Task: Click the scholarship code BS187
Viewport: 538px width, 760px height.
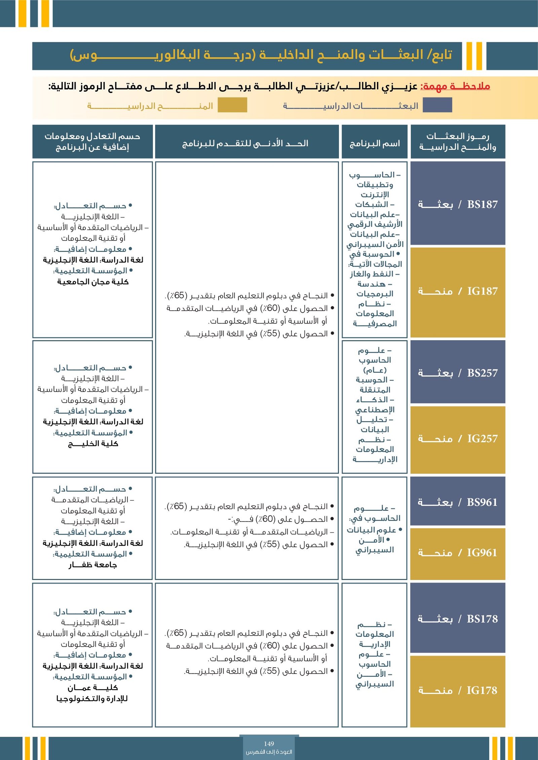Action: tap(482, 204)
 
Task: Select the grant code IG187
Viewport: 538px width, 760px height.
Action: tap(482, 291)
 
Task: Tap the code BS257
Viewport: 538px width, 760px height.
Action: tap(482, 373)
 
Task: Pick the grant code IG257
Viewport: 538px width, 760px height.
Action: tap(482, 438)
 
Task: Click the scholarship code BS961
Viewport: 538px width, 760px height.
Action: tap(482, 502)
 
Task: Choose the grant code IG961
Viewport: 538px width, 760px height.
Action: tap(482, 552)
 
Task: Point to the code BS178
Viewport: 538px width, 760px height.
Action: tap(482, 619)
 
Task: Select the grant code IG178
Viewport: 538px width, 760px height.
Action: tap(482, 690)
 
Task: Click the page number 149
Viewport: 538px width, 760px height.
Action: tap(269, 744)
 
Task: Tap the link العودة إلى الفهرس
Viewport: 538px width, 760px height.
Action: tap(269, 752)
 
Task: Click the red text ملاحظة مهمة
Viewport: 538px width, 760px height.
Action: tap(455, 86)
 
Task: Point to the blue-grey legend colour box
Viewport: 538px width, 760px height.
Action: tap(437, 105)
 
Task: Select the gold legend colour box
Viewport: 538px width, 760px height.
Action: tap(232, 105)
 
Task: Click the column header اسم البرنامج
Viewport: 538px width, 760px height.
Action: tap(375, 144)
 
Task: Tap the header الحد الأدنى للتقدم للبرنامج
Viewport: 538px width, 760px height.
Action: tap(245, 144)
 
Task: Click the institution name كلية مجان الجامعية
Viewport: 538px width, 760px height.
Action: tap(93, 281)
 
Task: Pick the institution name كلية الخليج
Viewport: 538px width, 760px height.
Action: tap(93, 444)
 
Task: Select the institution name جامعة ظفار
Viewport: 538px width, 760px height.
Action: tap(93, 565)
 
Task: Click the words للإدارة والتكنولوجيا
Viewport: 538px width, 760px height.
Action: tap(92, 698)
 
